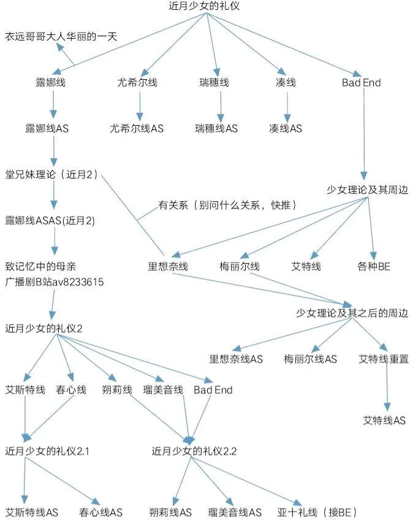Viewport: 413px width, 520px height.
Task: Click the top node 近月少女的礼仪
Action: point(204,6)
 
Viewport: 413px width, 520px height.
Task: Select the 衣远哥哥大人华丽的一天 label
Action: point(61,36)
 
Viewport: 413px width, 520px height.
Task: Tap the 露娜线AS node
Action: point(47,128)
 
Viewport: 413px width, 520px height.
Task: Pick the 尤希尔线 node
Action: point(137,82)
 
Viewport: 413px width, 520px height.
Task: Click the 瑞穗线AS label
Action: point(216,128)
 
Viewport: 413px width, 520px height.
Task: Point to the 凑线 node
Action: point(286,82)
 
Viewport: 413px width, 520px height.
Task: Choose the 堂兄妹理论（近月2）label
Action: point(51,174)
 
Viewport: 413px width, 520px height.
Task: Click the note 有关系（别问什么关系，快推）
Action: point(227,205)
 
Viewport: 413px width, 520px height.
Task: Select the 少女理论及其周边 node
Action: point(367,189)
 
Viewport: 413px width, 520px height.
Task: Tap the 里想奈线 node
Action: point(168,266)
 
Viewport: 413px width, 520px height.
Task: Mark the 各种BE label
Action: point(374,266)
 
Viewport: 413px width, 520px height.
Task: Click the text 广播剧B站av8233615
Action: point(55,282)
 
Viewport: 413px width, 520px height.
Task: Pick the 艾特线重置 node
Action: point(384,359)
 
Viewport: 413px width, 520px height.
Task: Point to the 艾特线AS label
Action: point(384,421)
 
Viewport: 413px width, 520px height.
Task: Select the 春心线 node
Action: point(71,389)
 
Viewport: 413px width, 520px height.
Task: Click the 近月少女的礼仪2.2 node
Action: point(194,451)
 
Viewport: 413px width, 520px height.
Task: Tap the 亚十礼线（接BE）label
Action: point(317,513)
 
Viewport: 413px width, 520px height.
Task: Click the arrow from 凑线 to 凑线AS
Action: point(287,107)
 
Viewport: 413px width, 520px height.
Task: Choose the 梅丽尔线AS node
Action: point(310,359)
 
